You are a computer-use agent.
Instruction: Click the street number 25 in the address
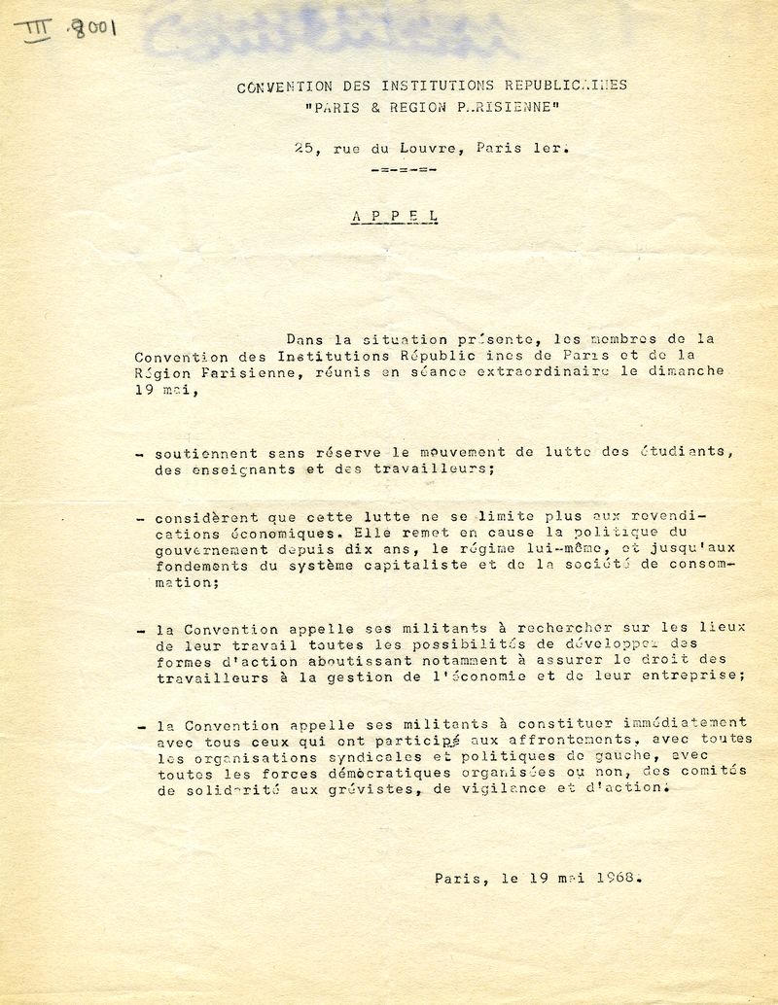(x=304, y=149)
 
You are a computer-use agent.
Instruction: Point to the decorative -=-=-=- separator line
(x=405, y=170)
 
